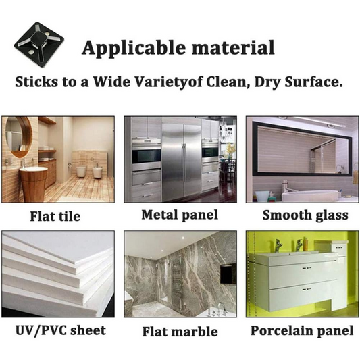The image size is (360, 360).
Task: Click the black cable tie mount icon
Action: pos(38,45)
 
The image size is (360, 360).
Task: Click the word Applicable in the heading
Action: pos(134,48)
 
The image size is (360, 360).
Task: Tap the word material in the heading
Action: pos(233,47)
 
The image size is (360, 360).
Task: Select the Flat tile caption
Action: pos(55,216)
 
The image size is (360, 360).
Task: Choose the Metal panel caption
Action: pos(180,215)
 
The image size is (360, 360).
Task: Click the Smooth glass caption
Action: pos(305,215)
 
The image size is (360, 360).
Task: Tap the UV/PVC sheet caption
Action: pos(61,330)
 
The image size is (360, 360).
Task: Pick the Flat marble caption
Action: pos(180,332)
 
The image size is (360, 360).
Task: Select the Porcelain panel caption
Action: pos(302,330)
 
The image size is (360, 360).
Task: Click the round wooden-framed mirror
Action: pos(19,137)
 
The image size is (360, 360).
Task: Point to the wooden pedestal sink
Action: pos(34,184)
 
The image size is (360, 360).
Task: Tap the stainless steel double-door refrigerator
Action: pos(182,162)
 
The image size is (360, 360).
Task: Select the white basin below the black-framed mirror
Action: pos(310,196)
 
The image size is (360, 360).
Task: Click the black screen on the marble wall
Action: pos(228,274)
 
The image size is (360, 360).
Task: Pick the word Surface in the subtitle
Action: pos(312,82)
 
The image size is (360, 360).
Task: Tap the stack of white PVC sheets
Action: pos(58,274)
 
